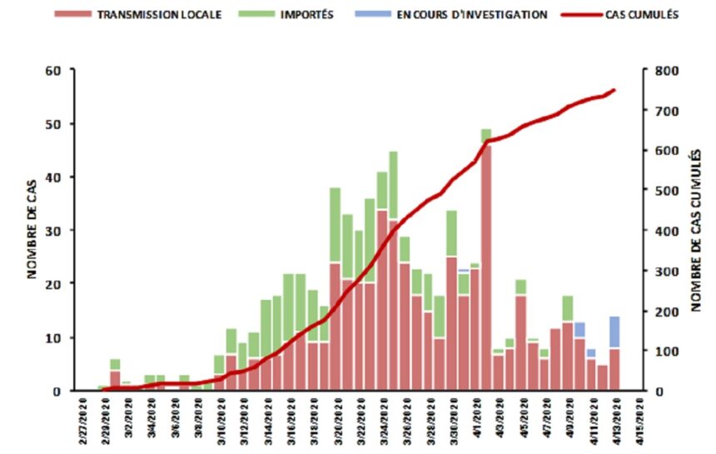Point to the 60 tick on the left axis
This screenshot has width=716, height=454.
[52, 70]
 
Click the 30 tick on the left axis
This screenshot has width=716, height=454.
[52, 231]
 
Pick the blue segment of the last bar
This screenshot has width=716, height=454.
[614, 332]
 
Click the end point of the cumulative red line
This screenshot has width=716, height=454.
[614, 90]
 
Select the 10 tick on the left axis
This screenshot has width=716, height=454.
[52, 337]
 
